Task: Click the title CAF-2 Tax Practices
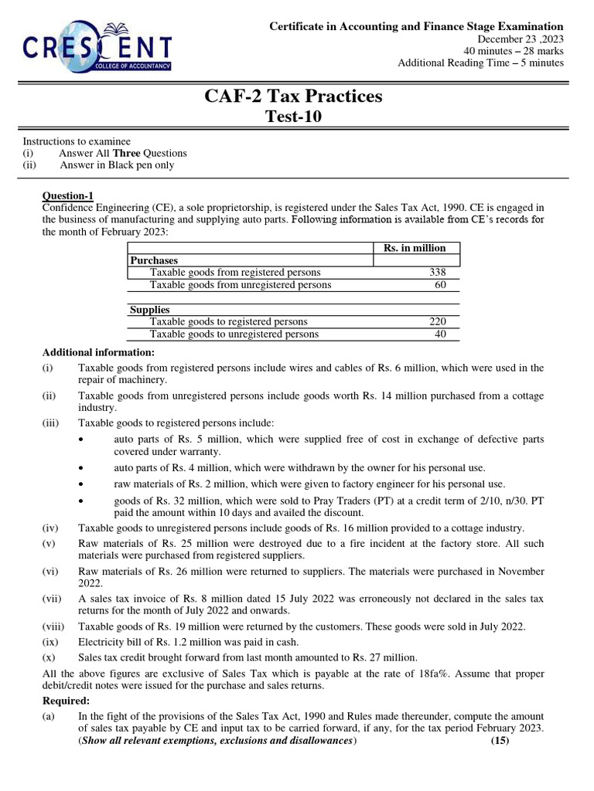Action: pos(293,97)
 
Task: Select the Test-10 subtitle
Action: pos(293,117)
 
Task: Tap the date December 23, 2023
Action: pos(521,39)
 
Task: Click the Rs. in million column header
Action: pos(415,248)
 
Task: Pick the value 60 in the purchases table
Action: pos(441,285)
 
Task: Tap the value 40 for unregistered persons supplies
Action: pos(441,334)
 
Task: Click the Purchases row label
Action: pos(154,261)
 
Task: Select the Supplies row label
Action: pos(149,310)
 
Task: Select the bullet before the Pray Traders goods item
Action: pos(84,500)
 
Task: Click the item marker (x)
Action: pos(48,657)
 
